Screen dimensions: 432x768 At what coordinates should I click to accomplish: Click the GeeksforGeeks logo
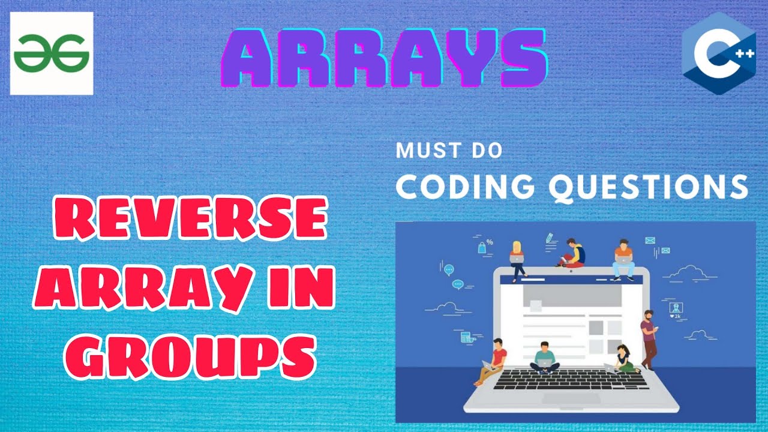pyautogui.click(x=52, y=53)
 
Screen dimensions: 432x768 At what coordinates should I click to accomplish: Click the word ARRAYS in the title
pyautogui.click(x=384, y=59)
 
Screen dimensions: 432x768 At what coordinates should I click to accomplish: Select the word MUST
pyautogui.click(x=422, y=150)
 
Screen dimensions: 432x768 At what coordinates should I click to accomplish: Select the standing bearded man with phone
pyautogui.click(x=648, y=337)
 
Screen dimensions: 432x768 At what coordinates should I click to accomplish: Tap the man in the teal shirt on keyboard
pyautogui.click(x=544, y=358)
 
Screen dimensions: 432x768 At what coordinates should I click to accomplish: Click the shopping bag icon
pyautogui.click(x=481, y=247)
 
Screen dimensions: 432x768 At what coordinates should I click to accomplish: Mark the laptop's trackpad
pyautogui.click(x=571, y=398)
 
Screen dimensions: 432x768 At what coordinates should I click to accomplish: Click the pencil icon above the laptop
pyautogui.click(x=548, y=238)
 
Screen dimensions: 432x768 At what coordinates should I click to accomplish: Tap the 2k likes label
pyautogui.click(x=676, y=316)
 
